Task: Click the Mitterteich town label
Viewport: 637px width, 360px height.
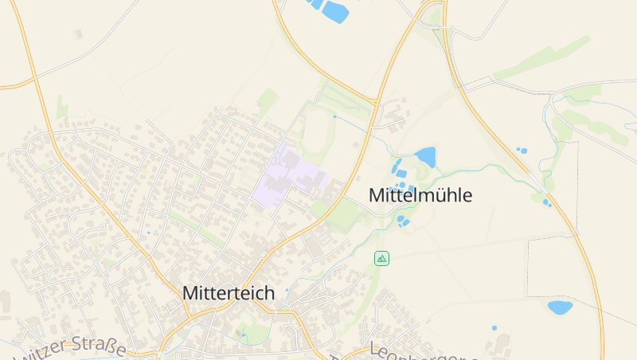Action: point(229,293)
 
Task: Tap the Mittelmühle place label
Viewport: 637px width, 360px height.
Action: point(420,195)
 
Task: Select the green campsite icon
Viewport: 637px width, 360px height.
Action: point(382,258)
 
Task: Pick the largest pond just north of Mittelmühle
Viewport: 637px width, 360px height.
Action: point(424,157)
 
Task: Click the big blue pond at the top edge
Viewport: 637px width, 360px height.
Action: point(335,11)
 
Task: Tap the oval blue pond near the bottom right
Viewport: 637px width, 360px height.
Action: point(560,307)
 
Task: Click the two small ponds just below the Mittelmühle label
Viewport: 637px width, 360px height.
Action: point(403,221)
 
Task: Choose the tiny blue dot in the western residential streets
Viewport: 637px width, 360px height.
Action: point(148,233)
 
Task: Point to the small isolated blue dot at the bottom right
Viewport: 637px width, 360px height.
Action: point(494,328)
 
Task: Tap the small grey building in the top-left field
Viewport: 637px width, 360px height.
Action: point(77,34)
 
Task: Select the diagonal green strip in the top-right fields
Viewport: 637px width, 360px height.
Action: point(541,58)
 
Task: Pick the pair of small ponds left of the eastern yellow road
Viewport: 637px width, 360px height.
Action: point(522,150)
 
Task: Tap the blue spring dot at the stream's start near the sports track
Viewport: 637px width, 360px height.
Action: point(334,116)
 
